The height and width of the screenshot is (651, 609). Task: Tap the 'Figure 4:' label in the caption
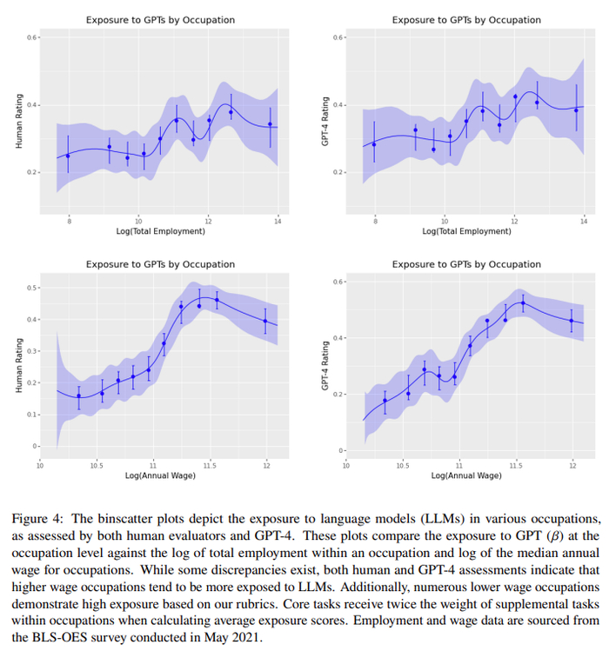(37, 517)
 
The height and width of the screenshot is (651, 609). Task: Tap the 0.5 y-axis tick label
(32, 288)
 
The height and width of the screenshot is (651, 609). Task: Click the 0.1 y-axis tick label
(32, 415)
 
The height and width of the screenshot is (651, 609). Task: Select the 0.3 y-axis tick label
(32, 351)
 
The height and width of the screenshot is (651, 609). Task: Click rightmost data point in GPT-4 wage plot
(572, 321)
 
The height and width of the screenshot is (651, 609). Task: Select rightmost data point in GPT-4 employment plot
(576, 110)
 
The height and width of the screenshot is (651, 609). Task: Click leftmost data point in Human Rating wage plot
(79, 396)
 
